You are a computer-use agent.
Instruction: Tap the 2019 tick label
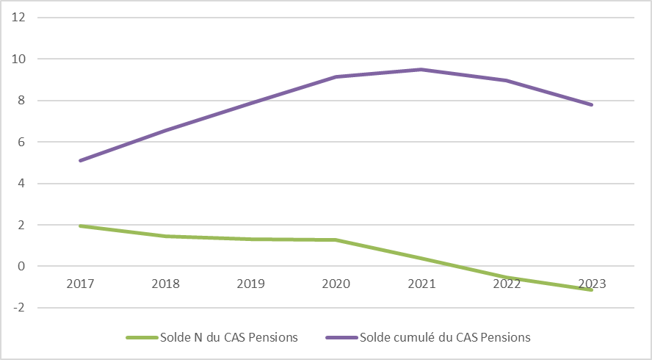250,284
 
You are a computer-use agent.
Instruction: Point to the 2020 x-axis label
336,284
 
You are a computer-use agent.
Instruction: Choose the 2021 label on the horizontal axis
421,284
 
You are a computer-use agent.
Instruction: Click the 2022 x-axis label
507,284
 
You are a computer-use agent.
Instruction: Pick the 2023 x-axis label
592,284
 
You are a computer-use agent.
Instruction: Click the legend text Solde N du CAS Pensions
229,337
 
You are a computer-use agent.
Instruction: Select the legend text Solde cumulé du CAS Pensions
445,337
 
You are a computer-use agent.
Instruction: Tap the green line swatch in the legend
142,338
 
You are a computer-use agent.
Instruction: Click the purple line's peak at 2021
421,70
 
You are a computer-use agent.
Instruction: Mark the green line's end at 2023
591,290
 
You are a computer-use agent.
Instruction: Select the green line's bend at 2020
336,240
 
